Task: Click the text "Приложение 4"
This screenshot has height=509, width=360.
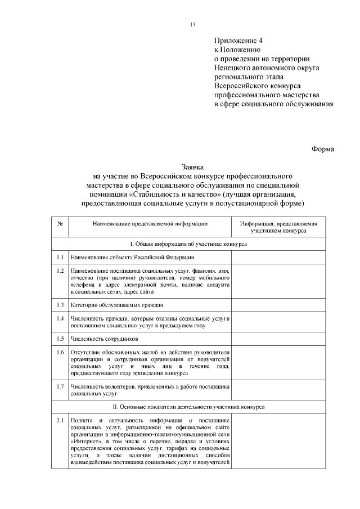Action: tap(238, 41)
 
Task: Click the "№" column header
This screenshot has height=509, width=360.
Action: tap(60, 224)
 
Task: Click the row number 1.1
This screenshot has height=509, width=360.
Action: tap(60, 257)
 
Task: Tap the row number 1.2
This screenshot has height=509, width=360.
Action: tap(60, 271)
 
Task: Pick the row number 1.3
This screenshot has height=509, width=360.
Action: tap(60, 305)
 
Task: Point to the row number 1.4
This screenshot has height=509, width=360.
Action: tap(60, 318)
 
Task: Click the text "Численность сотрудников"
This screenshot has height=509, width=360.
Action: tap(104, 339)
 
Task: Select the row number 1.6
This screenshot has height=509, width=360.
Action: tap(60, 353)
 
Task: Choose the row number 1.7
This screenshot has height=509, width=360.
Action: tap(60, 386)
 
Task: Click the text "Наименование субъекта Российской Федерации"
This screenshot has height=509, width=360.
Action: tap(133, 257)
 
